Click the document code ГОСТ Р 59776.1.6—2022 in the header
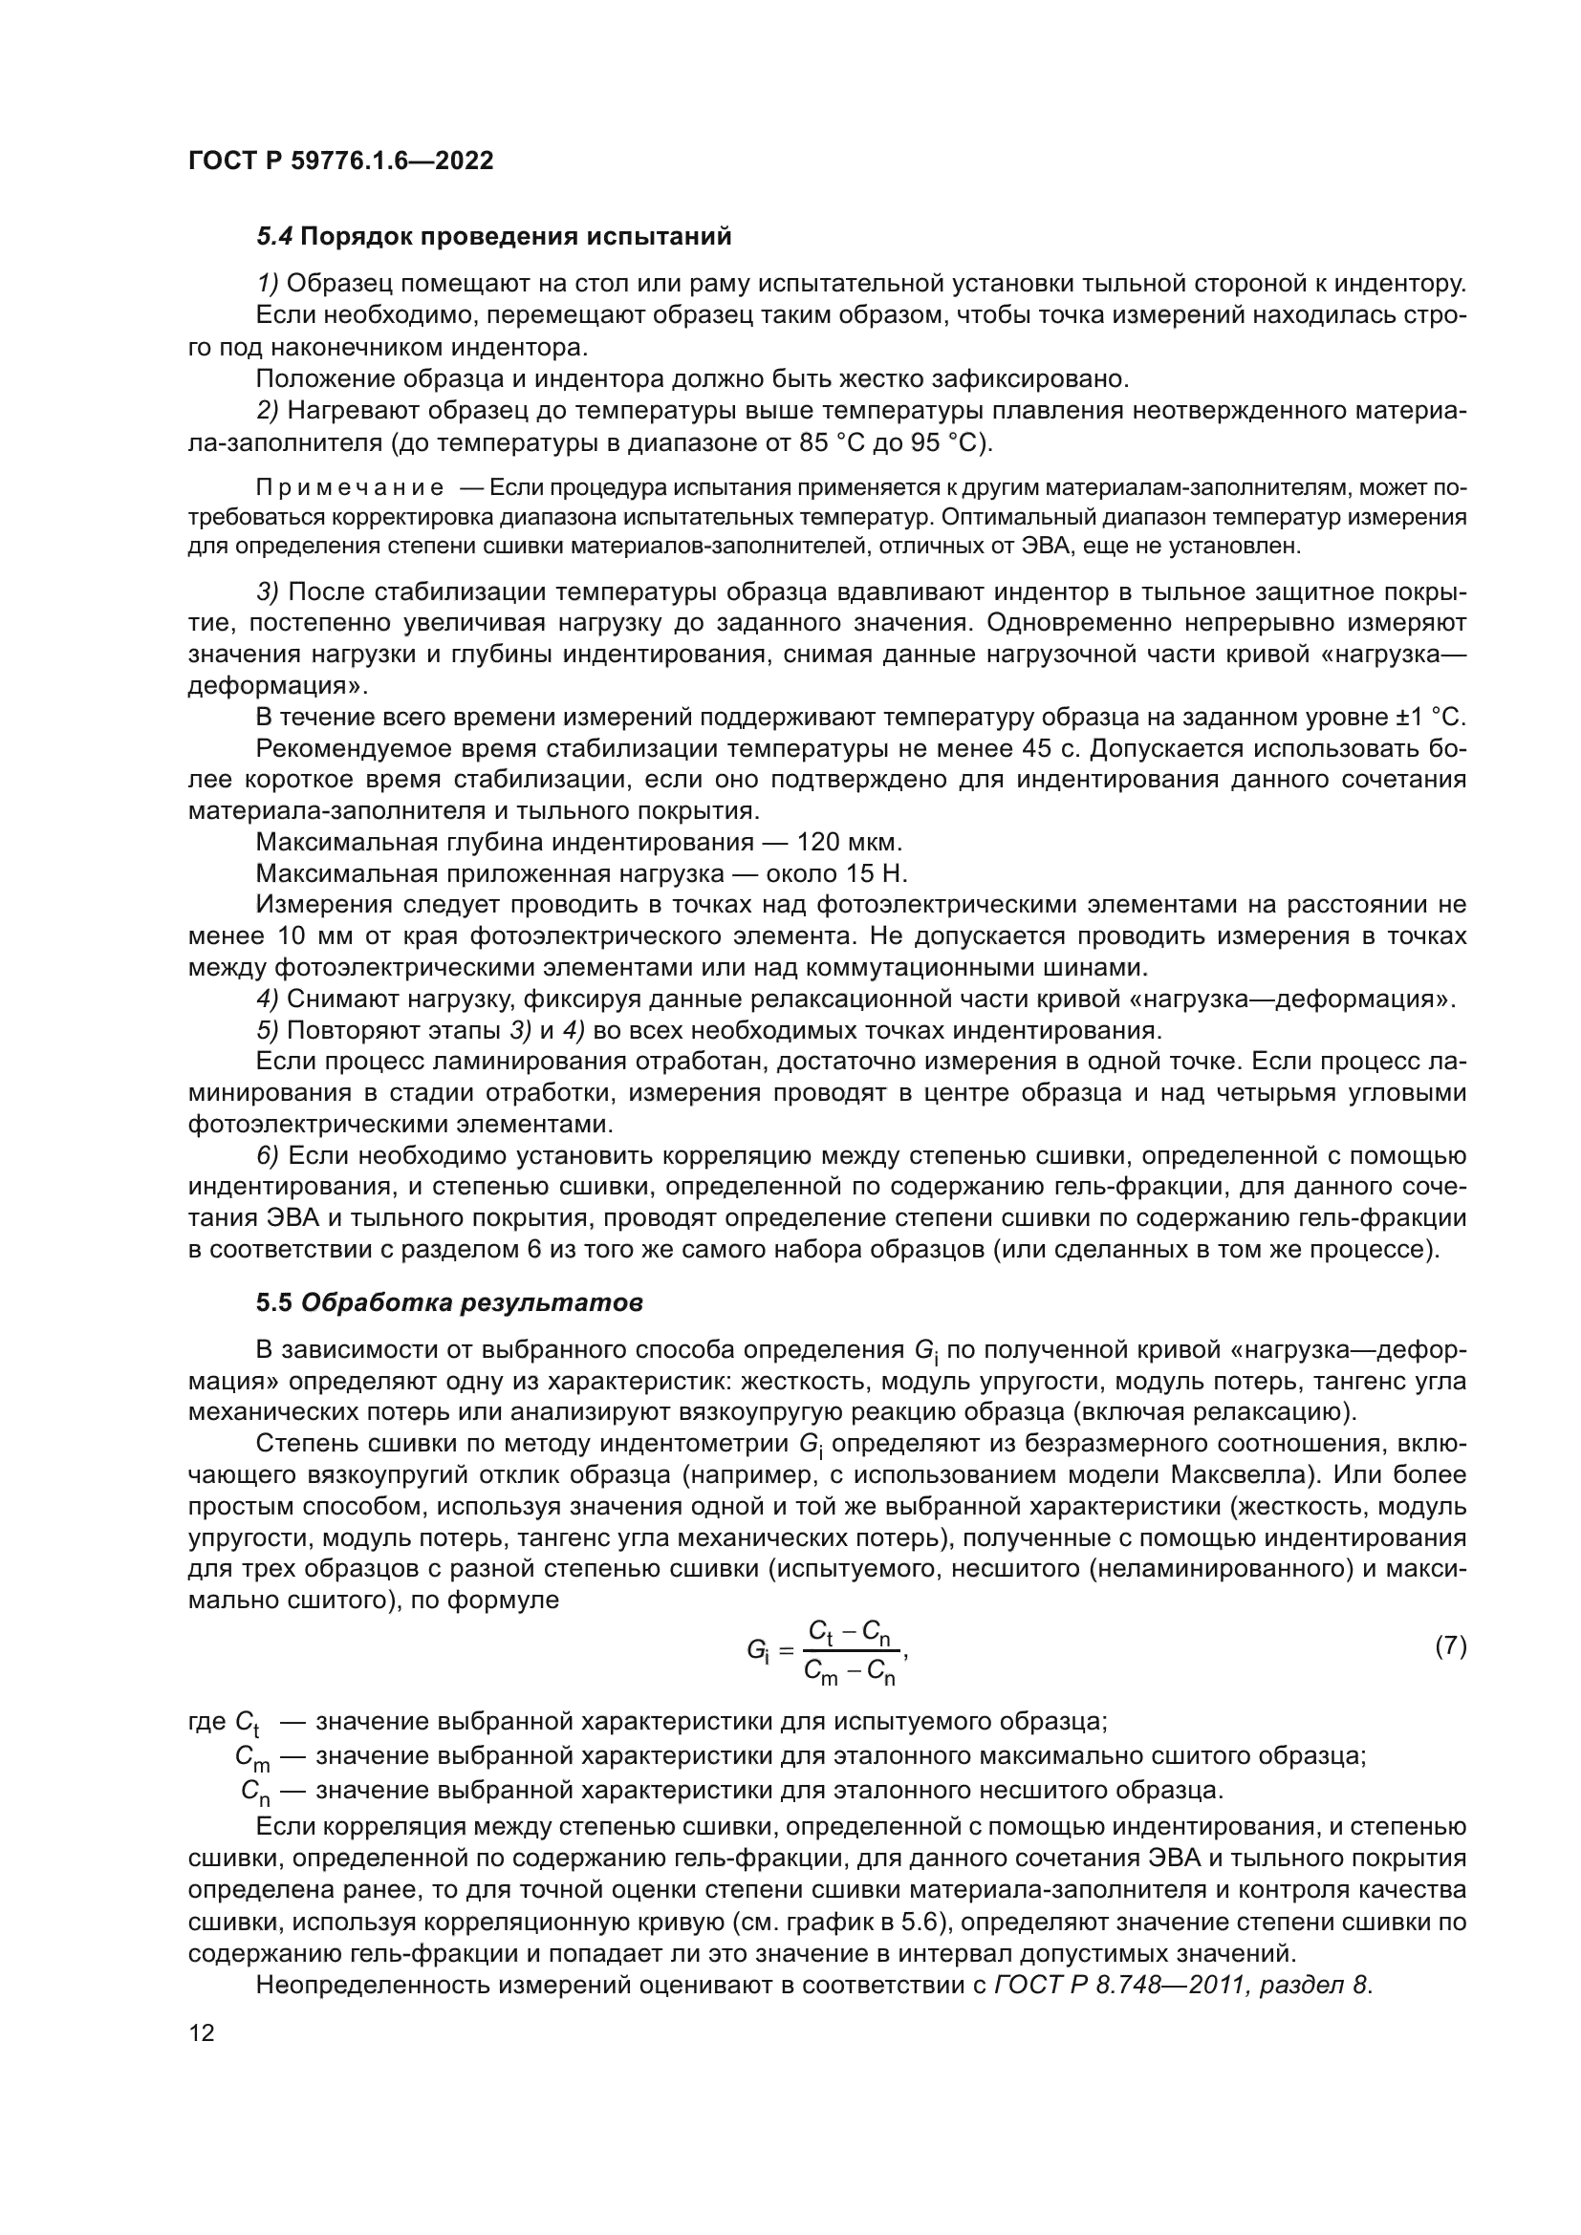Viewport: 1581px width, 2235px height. tap(340, 161)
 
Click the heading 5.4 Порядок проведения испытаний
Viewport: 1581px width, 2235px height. tap(492, 237)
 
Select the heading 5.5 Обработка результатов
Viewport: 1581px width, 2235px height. tap(449, 1303)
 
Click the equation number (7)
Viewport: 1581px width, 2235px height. tap(1451, 1646)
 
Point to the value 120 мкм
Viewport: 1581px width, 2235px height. tap(849, 842)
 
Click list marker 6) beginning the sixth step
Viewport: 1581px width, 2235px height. tap(268, 1156)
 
